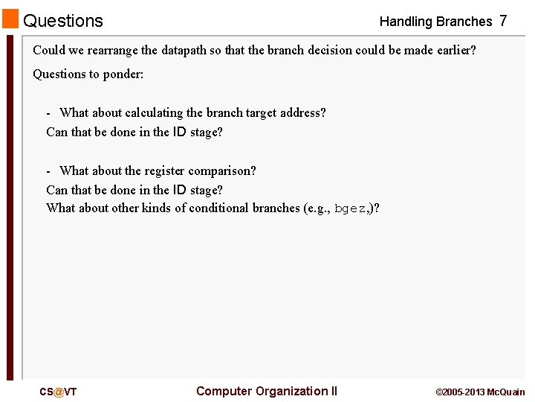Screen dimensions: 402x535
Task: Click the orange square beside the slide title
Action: [x=10, y=19]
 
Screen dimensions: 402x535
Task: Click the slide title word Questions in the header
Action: [x=63, y=21]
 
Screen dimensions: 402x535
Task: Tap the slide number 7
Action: [x=503, y=21]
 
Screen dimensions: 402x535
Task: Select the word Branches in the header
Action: [x=464, y=22]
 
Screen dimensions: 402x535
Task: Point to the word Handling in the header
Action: [x=406, y=22]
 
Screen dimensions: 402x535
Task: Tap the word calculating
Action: [x=154, y=113]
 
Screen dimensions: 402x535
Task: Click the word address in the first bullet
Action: [x=299, y=113]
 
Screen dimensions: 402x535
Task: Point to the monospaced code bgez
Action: [x=350, y=208]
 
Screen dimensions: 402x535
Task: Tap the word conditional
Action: [x=218, y=208]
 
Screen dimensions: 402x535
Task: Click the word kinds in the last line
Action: [x=156, y=208]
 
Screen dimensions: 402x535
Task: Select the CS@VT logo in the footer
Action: [x=58, y=392]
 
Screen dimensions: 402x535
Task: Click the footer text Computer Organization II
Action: [x=266, y=392]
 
